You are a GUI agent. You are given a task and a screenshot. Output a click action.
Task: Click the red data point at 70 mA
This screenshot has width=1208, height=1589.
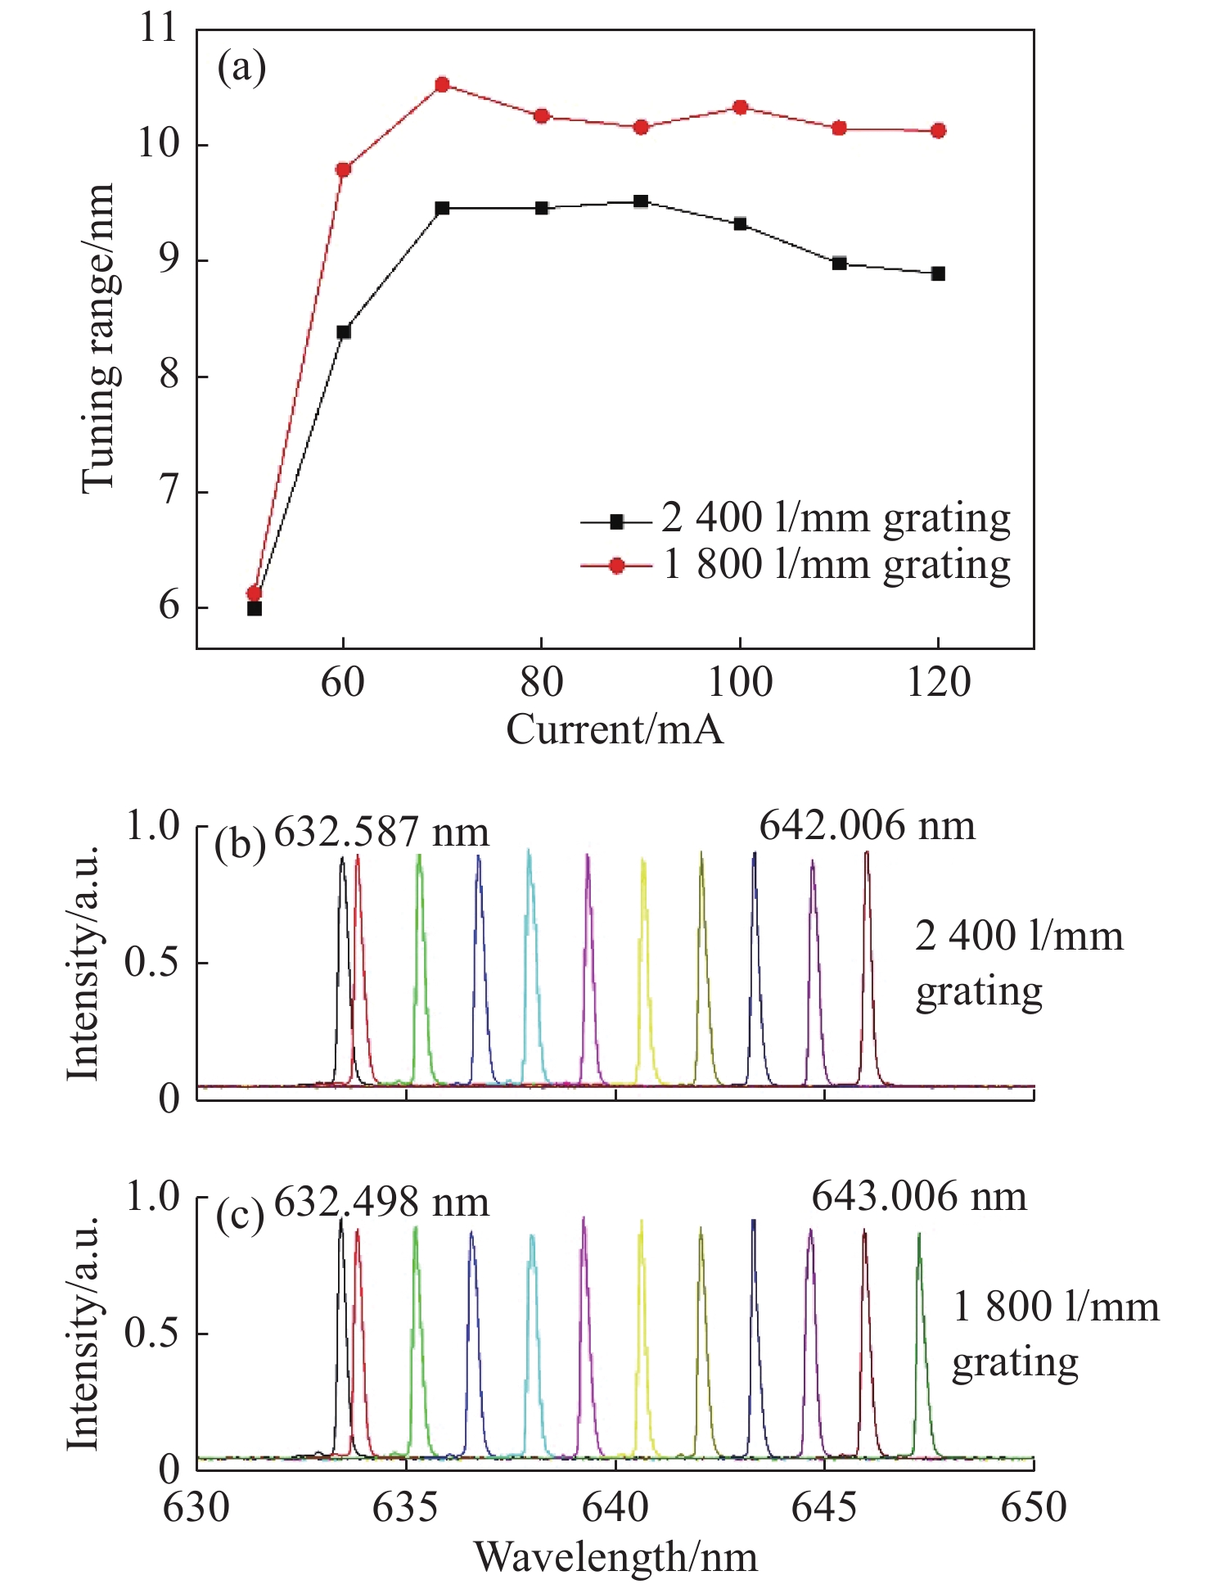coord(442,84)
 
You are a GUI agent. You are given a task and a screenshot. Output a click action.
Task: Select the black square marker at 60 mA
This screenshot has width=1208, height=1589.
coord(344,332)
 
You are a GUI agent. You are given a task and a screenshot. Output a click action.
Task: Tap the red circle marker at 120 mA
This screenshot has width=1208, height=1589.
coord(938,131)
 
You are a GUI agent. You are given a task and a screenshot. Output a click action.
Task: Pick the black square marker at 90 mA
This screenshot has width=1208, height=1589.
coord(641,201)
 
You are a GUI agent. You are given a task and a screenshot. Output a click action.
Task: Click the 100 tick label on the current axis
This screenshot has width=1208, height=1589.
coord(739,682)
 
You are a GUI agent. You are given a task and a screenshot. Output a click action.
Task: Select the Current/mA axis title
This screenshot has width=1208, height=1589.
coord(615,729)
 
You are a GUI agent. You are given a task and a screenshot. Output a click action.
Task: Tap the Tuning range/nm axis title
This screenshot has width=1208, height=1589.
coord(98,338)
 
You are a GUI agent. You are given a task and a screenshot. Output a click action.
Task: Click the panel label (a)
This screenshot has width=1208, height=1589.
coord(241,68)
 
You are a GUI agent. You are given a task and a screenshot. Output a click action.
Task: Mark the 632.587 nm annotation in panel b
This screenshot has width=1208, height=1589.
coord(381,833)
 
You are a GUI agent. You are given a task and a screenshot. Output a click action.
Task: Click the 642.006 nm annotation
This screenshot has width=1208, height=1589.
coord(868,826)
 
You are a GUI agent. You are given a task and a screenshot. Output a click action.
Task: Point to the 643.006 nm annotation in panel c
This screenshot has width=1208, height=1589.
coord(919,1197)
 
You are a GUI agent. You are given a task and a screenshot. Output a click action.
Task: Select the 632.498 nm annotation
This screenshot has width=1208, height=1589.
coord(381,1203)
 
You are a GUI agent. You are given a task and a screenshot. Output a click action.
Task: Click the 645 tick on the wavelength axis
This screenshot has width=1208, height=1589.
coord(824,1507)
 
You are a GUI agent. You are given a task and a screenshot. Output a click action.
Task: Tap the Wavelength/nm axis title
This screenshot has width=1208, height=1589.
coord(615,1556)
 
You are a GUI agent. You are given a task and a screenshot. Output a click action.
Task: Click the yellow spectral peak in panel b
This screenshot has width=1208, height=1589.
coord(644,941)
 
